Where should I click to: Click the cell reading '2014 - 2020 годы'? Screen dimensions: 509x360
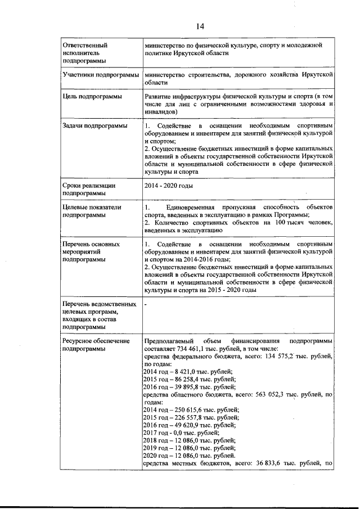[x=170, y=185]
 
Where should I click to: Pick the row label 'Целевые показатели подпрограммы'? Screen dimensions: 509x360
[x=92, y=211]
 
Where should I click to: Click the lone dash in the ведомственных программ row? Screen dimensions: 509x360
[x=146, y=304]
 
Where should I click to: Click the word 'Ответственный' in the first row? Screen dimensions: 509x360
[x=85, y=44]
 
